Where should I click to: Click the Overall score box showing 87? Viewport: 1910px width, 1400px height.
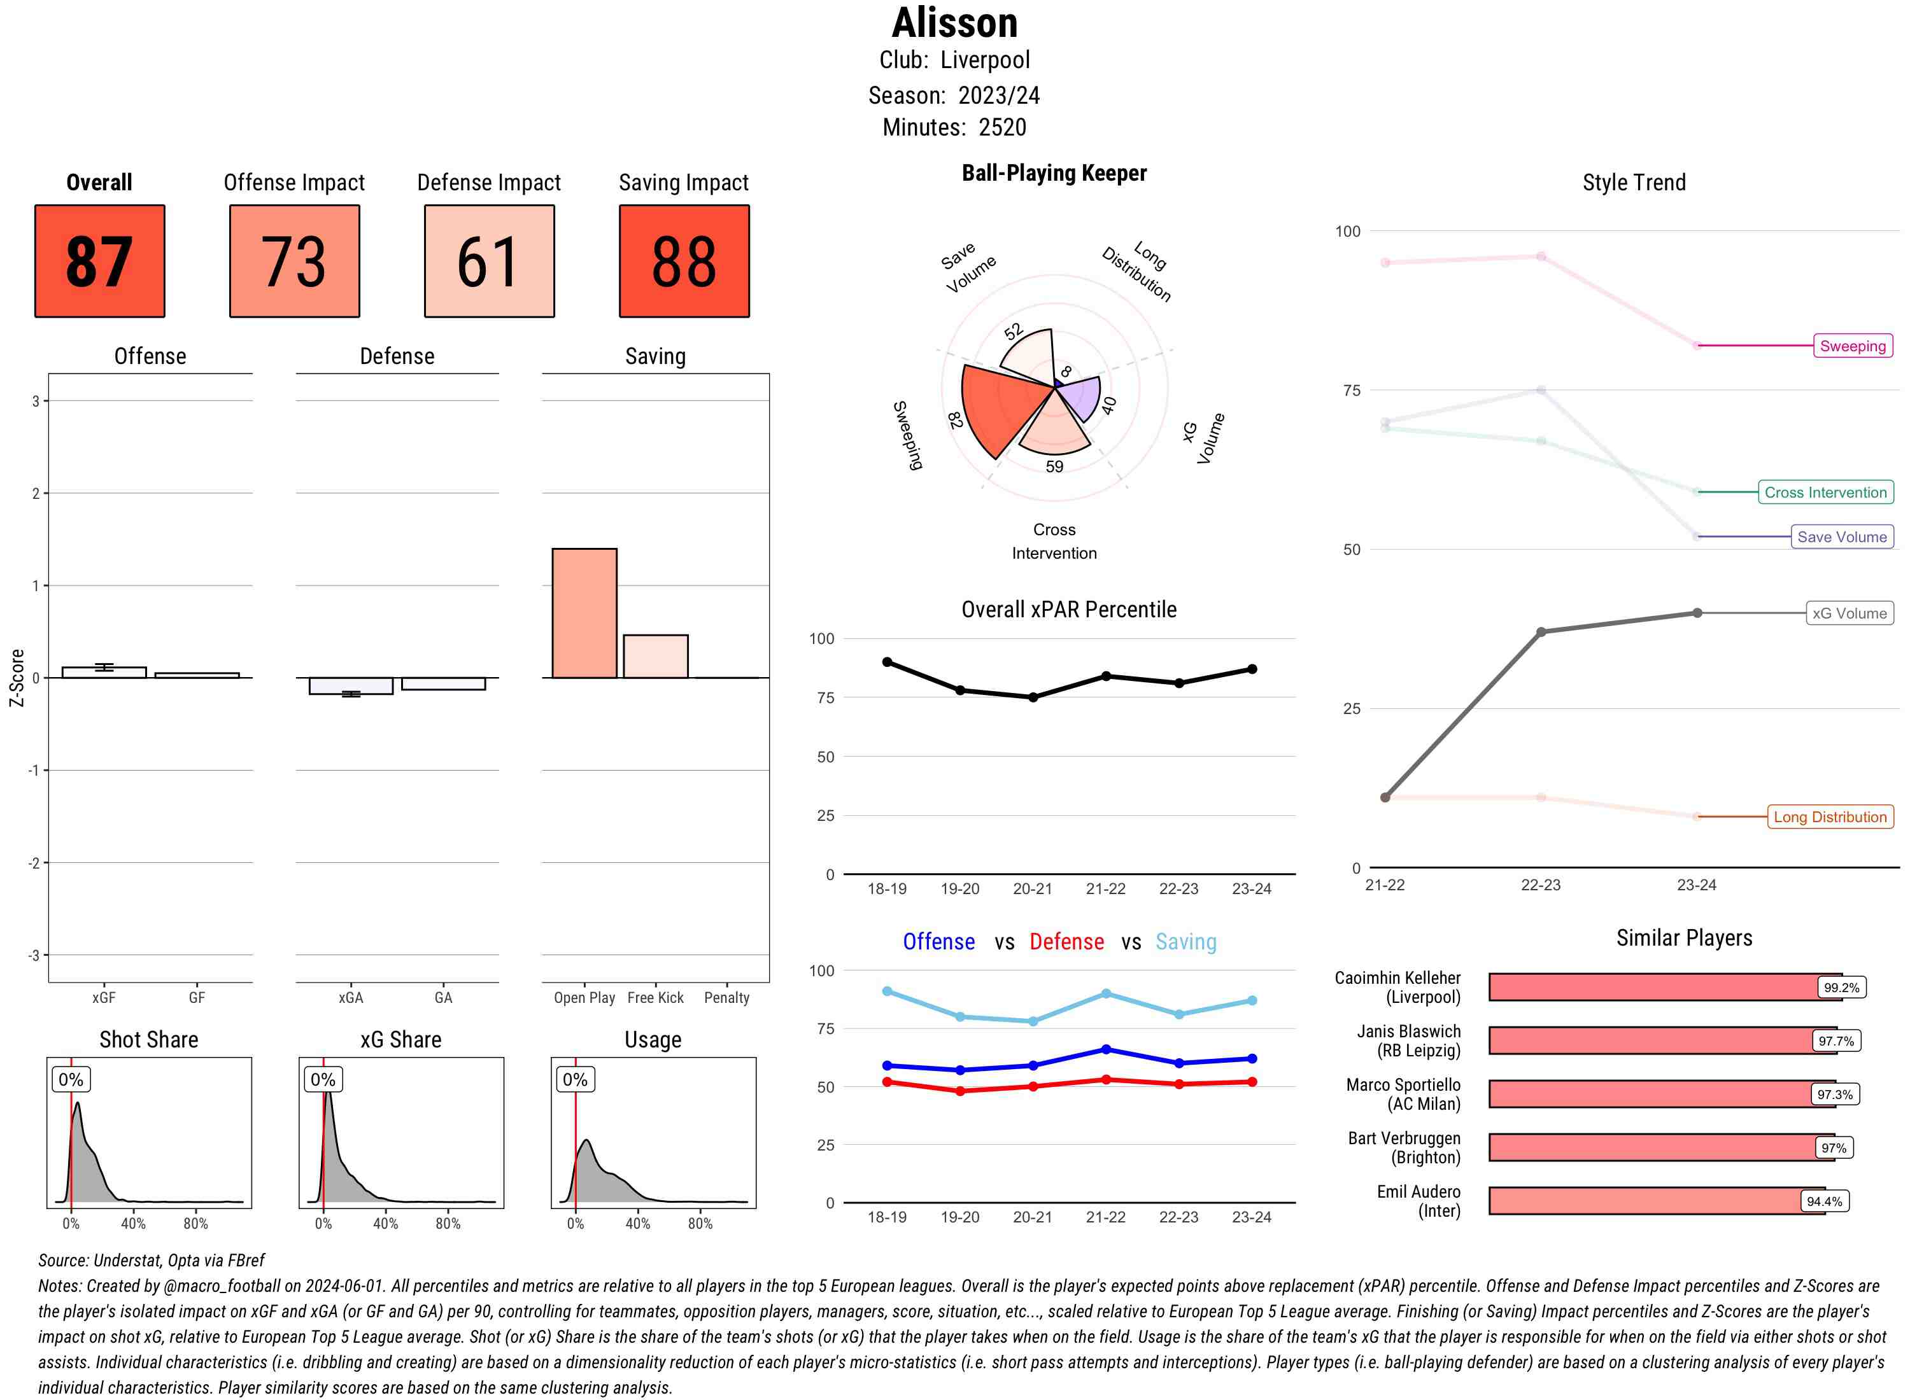pos(99,261)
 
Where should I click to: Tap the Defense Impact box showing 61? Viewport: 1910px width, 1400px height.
pos(489,261)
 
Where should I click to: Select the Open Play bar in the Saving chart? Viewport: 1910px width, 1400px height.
pos(584,613)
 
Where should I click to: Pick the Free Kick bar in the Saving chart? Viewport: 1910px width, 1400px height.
pos(655,656)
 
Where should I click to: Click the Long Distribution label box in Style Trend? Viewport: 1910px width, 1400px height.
pos(1830,817)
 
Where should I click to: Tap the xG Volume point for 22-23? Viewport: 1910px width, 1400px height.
pos(1540,632)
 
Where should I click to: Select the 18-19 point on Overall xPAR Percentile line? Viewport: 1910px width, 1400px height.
pos(887,662)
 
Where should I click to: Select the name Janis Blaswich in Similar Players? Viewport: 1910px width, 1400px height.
pos(1408,1032)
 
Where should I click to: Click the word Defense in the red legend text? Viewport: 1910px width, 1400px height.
pos(1066,942)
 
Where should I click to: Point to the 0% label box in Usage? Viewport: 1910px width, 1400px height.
pos(575,1080)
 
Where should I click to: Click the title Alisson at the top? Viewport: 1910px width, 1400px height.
pos(954,23)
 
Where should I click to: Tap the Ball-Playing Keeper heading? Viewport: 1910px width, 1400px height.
pos(1054,174)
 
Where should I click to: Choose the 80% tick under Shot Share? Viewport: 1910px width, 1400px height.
pos(196,1223)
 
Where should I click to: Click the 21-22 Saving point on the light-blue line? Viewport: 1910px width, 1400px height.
pos(1105,993)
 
